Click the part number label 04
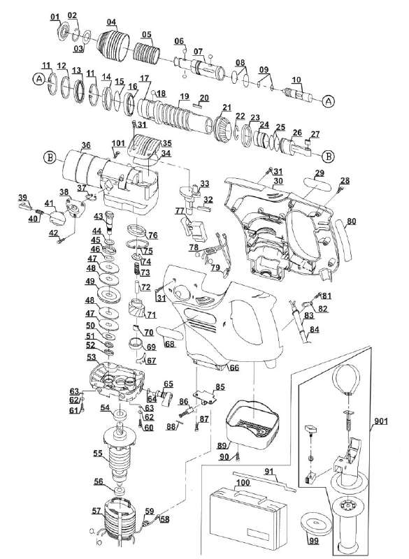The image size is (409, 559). [x=111, y=22]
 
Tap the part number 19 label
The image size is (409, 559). [x=184, y=96]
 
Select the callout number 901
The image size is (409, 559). [x=381, y=421]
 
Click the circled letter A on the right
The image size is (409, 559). [x=329, y=101]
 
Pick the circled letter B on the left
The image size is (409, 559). [x=50, y=157]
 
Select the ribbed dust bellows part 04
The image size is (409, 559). [x=113, y=45]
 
